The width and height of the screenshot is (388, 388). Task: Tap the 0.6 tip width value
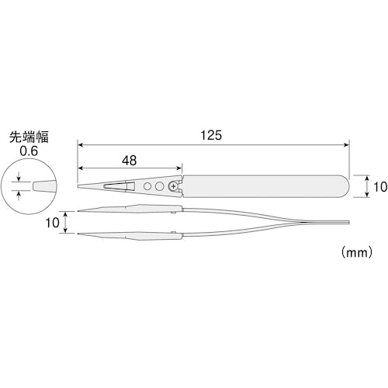[29, 151]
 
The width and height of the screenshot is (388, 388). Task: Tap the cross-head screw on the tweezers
[171, 187]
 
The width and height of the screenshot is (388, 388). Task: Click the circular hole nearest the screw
[159, 187]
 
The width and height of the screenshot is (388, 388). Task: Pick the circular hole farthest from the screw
[147, 187]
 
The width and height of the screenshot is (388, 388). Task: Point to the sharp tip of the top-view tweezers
[79, 187]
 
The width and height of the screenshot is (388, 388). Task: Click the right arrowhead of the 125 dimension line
[345, 144]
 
